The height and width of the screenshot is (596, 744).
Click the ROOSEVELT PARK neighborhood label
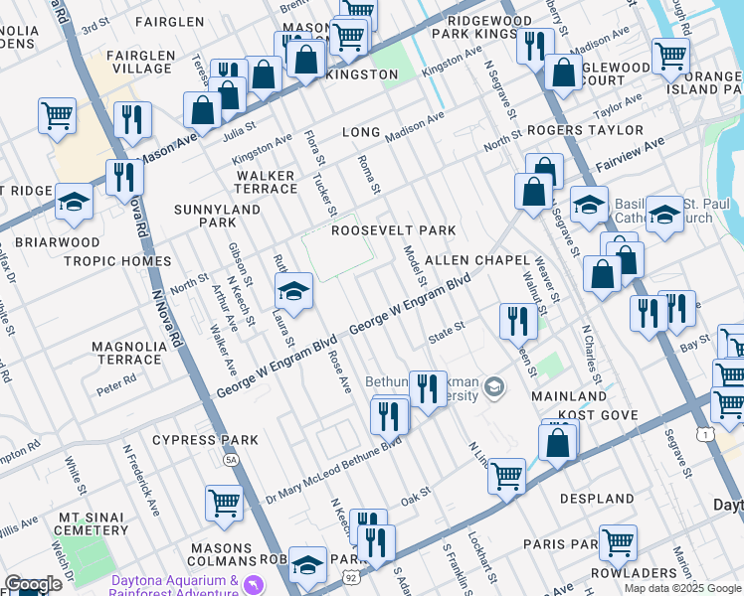tap(393, 230)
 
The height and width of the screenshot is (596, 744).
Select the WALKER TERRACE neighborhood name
tap(266, 182)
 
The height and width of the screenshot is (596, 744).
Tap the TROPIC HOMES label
tap(117, 261)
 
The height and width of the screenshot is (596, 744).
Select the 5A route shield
tap(232, 460)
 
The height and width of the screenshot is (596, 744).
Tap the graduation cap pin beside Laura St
tap(292, 293)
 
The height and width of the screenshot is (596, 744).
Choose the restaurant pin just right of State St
tap(517, 321)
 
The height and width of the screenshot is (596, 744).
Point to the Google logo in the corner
tap(33, 585)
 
